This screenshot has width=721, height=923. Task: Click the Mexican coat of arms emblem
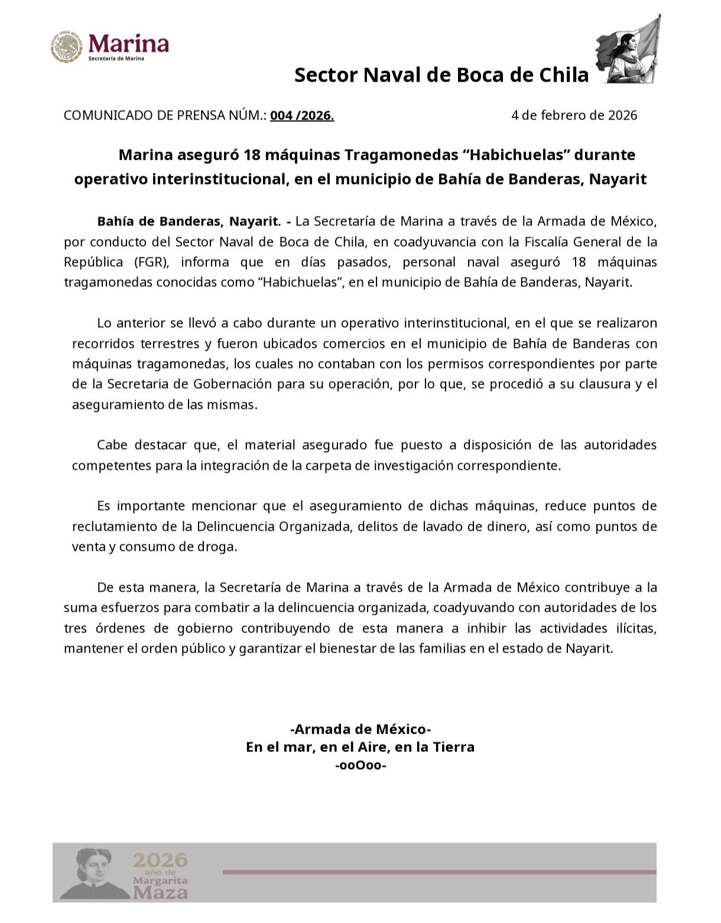tap(66, 47)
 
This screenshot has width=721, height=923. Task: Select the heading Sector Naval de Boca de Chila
tap(441, 75)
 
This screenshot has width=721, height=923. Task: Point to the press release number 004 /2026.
tap(302, 115)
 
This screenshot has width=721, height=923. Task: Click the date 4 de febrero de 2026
tap(574, 115)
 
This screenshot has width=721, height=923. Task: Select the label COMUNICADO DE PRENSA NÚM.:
tap(165, 115)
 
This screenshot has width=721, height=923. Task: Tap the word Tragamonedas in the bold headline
tap(400, 155)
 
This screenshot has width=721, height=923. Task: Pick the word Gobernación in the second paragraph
tap(233, 384)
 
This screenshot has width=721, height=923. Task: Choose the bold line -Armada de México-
tap(360, 728)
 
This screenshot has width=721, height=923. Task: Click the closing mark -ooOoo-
tap(360, 766)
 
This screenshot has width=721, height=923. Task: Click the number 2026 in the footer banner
tap(160, 860)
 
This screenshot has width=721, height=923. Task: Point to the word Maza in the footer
tap(160, 892)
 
